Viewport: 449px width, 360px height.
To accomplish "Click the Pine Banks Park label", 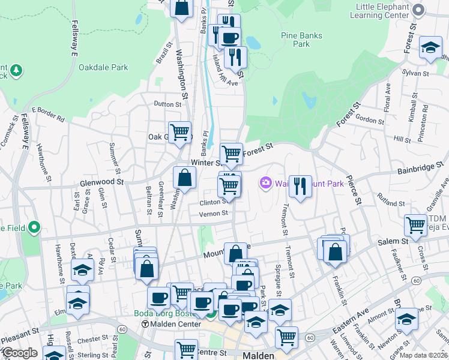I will pyautogui.click(x=301, y=40).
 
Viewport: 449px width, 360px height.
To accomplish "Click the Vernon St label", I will pyautogui.click(x=214, y=213).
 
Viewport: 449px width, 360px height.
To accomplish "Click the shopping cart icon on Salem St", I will pyautogui.click(x=415, y=225).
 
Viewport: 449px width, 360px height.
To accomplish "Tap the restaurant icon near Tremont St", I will pyautogui.click(x=300, y=186).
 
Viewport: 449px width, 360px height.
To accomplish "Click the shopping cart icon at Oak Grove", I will pyautogui.click(x=179, y=133).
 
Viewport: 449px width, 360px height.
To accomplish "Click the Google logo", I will pyautogui.click(x=20, y=353).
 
